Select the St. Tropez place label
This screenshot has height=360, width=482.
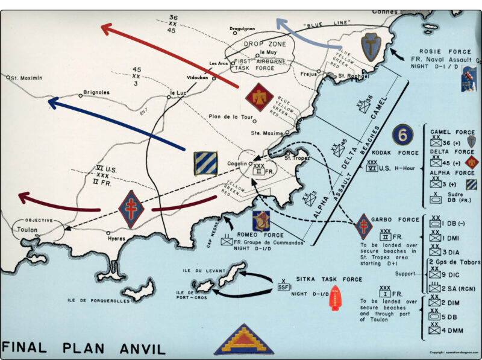coord(296,159)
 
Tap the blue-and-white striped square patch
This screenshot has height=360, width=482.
coord(205,163)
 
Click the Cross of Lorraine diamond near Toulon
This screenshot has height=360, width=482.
coord(131,209)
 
